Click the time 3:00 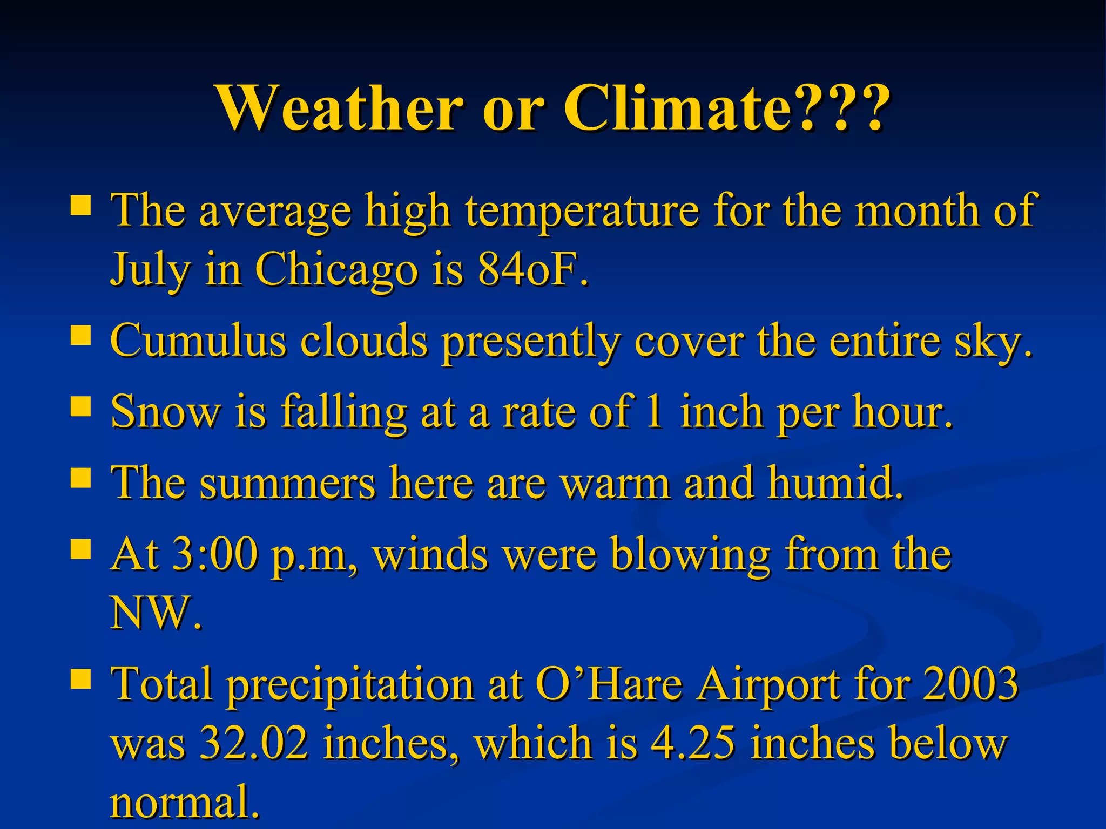click(x=214, y=554)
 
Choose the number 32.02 click(x=254, y=743)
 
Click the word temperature click(x=582, y=212)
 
